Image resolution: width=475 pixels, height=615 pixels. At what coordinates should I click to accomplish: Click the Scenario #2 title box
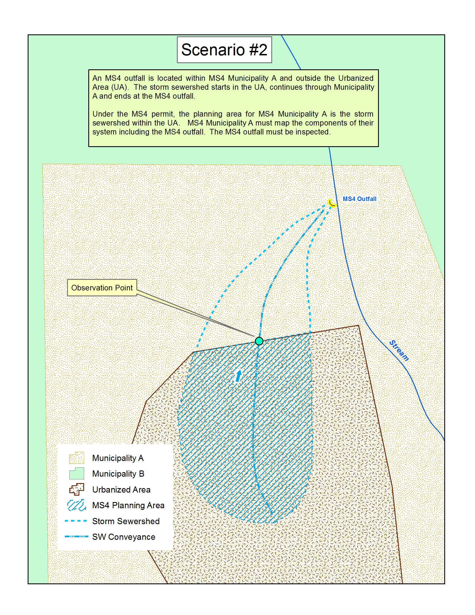[x=224, y=50]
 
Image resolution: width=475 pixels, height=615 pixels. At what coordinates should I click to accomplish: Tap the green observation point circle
[x=259, y=341]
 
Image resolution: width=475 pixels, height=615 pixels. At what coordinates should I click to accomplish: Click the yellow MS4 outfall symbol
[x=332, y=203]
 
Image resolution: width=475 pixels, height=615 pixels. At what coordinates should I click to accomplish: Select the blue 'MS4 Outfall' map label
[x=359, y=199]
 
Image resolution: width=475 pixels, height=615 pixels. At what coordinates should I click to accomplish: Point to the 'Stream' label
[x=399, y=350]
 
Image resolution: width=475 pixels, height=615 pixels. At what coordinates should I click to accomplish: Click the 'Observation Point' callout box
[x=102, y=287]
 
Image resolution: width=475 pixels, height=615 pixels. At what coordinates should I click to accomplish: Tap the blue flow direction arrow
[x=239, y=376]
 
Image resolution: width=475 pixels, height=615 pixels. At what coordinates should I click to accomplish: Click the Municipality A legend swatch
[x=77, y=458]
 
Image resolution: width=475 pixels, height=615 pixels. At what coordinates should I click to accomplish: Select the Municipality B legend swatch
[x=77, y=474]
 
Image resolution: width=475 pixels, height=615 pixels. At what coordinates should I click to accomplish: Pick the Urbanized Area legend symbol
[x=77, y=489]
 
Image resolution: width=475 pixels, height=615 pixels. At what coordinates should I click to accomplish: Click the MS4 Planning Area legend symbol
[x=77, y=505]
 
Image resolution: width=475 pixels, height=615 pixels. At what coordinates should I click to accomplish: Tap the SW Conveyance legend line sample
[x=77, y=536]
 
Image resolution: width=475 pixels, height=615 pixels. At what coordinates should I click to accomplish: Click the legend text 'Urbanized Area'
[x=121, y=490]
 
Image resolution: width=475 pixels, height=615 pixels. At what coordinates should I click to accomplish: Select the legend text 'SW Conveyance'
[x=123, y=537]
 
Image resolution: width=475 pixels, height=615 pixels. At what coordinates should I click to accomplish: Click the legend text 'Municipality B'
[x=118, y=474]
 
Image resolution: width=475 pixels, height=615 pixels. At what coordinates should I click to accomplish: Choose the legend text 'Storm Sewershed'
[x=126, y=521]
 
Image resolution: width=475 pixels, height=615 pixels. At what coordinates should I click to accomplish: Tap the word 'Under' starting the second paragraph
[x=103, y=114]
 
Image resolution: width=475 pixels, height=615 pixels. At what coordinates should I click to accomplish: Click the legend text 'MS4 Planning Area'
[x=128, y=505]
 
